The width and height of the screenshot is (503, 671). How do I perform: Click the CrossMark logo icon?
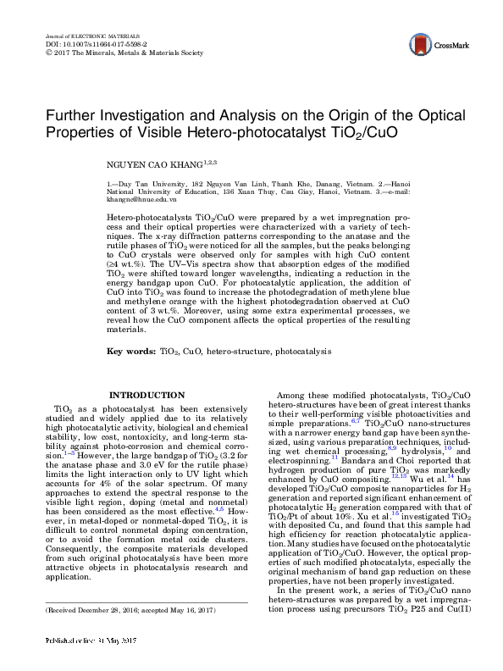pos(417,45)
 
